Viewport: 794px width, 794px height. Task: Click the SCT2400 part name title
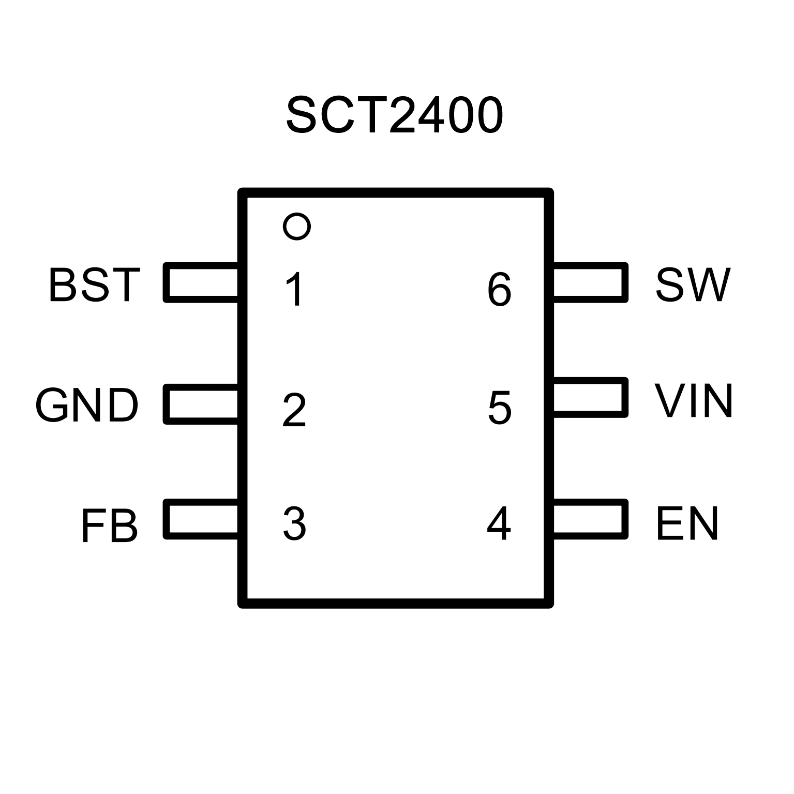394,115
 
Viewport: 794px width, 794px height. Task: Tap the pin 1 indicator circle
297,226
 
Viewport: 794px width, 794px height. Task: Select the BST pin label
94,284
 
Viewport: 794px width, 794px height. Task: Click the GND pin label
87,405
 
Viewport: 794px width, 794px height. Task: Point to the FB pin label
110,526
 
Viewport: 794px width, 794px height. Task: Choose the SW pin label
693,284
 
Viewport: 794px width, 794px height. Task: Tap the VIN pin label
694,400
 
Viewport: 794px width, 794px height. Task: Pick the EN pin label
687,524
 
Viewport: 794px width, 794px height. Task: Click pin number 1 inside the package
295,290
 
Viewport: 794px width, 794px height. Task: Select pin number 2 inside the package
294,410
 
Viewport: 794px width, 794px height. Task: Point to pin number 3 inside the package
294,525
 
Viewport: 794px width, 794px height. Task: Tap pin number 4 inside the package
499,523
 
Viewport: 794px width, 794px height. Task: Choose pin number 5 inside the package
500,408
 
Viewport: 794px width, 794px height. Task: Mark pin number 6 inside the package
499,290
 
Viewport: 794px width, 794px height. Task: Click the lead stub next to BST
201,282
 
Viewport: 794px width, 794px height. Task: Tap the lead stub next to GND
201,404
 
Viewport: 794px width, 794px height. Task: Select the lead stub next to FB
201,519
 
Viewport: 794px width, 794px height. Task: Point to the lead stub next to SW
590,282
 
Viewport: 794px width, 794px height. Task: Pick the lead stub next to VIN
590,397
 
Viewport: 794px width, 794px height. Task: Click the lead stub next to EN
590,519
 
